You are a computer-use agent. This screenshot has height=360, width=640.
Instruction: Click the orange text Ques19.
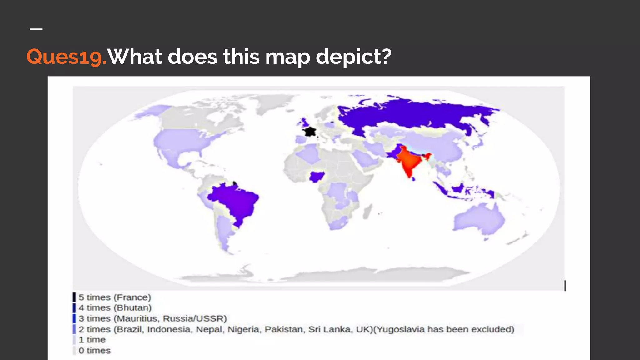[66, 57]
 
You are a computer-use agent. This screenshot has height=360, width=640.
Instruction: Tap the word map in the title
[287, 57]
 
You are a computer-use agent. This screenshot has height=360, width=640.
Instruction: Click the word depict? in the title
[353, 57]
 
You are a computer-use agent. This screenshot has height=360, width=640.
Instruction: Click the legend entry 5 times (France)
[114, 297]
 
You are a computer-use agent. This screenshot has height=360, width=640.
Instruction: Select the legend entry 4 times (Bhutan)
[115, 308]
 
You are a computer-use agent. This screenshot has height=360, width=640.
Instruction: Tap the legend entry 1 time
[92, 340]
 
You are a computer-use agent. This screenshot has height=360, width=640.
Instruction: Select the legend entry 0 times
[94, 351]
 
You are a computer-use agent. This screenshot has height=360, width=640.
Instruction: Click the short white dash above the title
[36, 29]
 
